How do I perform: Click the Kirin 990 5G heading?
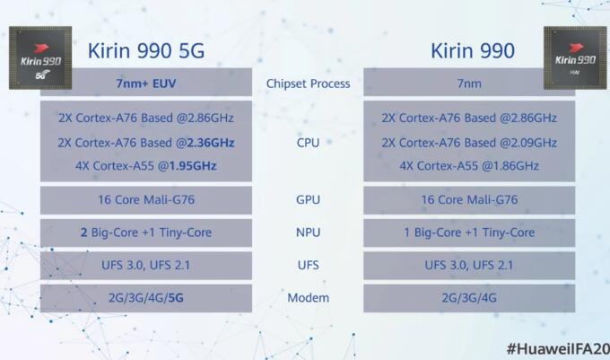pyautogui.click(x=146, y=51)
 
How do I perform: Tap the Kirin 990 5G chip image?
pyautogui.click(x=40, y=57)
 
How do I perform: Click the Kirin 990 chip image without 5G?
pyautogui.click(x=575, y=57)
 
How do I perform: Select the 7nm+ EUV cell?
pyautogui.click(x=146, y=83)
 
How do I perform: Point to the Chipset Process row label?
pyautogui.click(x=308, y=83)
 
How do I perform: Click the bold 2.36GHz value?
pyautogui.click(x=211, y=143)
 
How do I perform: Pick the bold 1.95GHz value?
pyautogui.click(x=193, y=166)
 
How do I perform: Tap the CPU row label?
pyautogui.click(x=308, y=143)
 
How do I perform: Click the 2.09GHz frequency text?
pyautogui.click(x=534, y=143)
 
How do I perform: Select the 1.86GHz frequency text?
pyautogui.click(x=516, y=166)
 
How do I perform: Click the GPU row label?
pyautogui.click(x=308, y=199)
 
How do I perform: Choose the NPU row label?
pyautogui.click(x=308, y=233)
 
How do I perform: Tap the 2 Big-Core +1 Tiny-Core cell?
pyautogui.click(x=146, y=233)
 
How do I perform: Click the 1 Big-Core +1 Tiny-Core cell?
pyautogui.click(x=469, y=233)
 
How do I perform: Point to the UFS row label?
pyautogui.click(x=308, y=265)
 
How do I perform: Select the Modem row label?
pyautogui.click(x=308, y=298)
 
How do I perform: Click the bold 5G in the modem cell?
pyautogui.click(x=176, y=298)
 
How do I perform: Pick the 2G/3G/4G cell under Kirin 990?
pyautogui.click(x=469, y=298)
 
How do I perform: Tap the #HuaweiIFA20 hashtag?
pyautogui.click(x=558, y=348)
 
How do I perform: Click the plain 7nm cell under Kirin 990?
pyautogui.click(x=469, y=83)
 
